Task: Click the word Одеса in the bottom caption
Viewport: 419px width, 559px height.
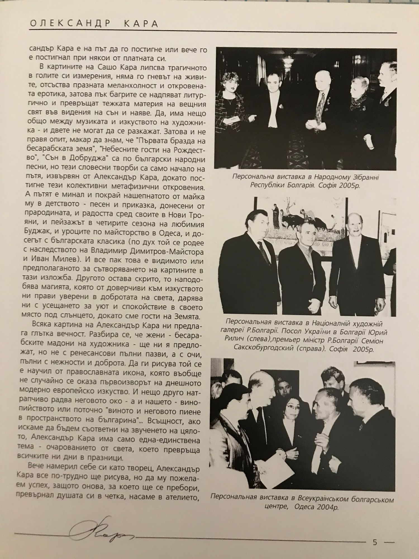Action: tap(305, 507)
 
